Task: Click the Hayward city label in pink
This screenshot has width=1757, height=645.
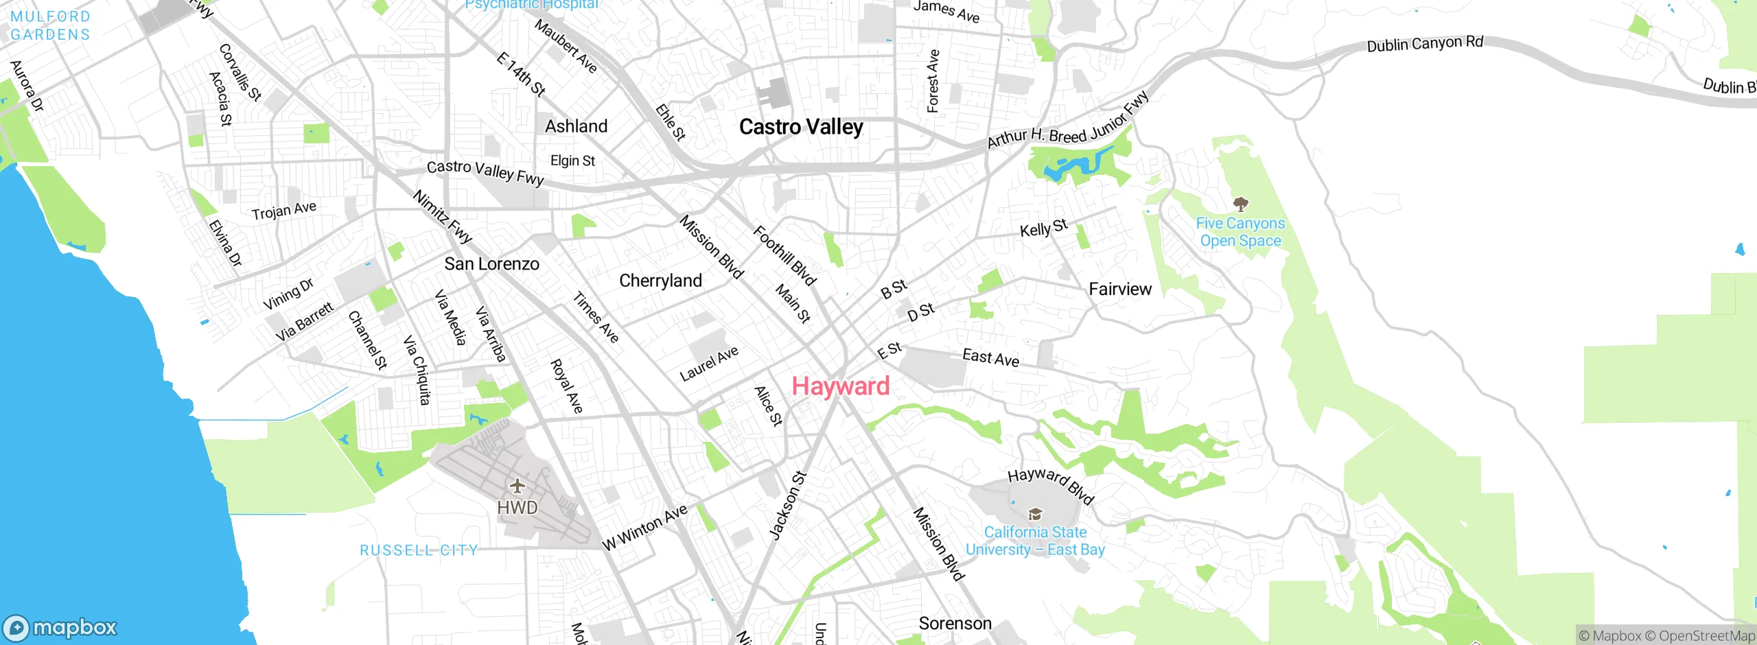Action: tap(840, 386)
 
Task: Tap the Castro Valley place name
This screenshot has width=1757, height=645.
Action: tap(801, 127)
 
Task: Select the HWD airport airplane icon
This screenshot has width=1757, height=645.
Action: tap(517, 486)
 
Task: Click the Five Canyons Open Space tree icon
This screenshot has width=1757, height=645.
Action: tap(1240, 204)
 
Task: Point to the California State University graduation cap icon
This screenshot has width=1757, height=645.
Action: tap(1035, 515)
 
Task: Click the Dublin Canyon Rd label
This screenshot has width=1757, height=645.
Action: tap(1425, 44)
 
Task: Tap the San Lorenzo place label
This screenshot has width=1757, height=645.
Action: tap(491, 263)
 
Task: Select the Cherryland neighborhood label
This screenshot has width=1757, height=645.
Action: tap(660, 281)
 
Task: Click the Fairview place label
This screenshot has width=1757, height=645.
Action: tap(1120, 289)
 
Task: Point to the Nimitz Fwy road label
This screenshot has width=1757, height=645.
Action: tap(443, 217)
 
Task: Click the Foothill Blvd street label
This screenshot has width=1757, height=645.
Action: tap(784, 255)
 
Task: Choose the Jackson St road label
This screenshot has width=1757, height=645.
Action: tap(787, 506)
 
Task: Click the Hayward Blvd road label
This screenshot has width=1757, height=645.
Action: tap(1050, 485)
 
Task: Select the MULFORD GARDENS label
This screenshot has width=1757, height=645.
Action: tap(50, 25)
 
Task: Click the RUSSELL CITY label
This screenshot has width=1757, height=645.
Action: tap(419, 550)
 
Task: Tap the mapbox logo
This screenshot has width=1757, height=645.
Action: tap(60, 627)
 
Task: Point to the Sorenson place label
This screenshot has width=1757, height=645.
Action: tap(955, 624)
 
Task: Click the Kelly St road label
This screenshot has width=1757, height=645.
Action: tap(1043, 228)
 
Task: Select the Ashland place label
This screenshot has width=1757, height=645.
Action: tap(576, 126)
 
